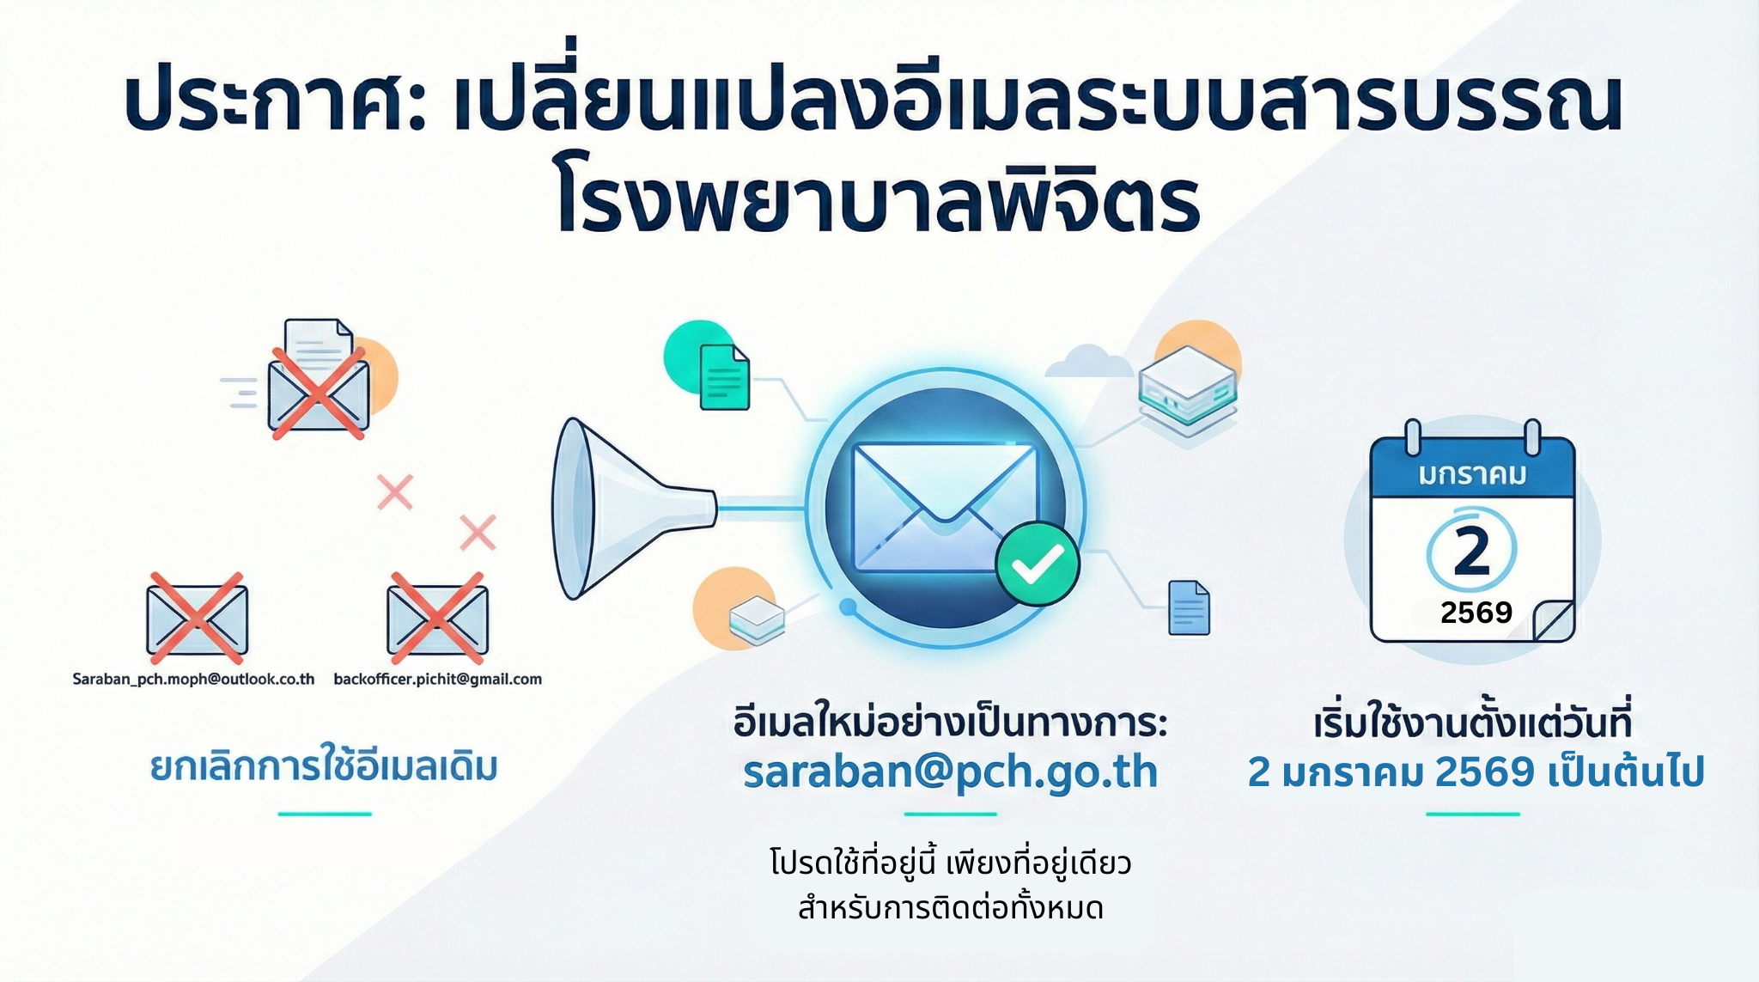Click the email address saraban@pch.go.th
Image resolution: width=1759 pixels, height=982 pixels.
click(950, 772)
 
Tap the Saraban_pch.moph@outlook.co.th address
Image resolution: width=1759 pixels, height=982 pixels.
click(193, 679)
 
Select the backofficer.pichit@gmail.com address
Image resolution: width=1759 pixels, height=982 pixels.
click(438, 679)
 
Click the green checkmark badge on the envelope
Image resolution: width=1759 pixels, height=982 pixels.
click(1037, 564)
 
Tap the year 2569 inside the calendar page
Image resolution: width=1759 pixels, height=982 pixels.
click(1476, 613)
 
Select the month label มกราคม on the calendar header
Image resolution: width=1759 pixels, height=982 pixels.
click(1472, 474)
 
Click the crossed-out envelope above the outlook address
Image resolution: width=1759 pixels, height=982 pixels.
click(197, 619)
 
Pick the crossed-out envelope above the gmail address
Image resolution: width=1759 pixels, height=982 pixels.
click(437, 619)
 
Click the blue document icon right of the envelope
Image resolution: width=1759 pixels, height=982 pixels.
click(1190, 608)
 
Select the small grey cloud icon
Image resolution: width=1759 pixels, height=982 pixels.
click(1088, 361)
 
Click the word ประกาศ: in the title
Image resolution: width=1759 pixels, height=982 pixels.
click(276, 106)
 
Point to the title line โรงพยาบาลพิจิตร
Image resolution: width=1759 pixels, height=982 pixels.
click(877, 204)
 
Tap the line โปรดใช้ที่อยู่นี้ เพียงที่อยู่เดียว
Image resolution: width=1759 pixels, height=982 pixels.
click(951, 863)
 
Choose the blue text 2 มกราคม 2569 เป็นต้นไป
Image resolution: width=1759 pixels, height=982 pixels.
click(1476, 772)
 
